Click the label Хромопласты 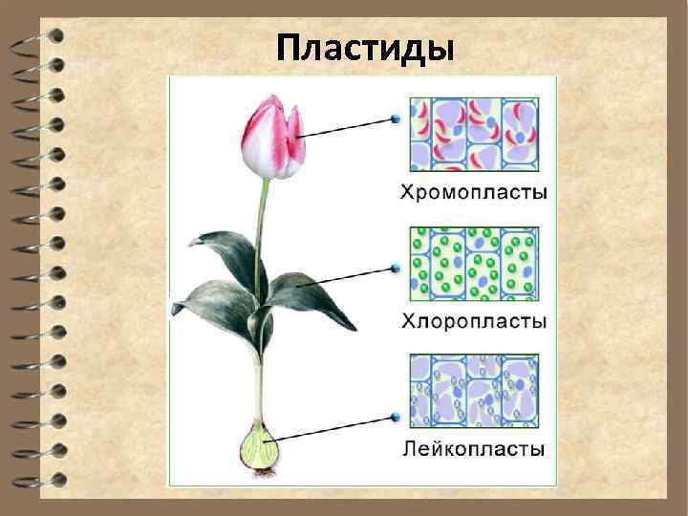[x=472, y=193]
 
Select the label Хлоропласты [x=472, y=320]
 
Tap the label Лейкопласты [x=472, y=447]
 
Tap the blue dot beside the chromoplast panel [x=394, y=120]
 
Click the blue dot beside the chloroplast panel [x=394, y=269]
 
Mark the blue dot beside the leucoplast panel [x=394, y=417]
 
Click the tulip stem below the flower [x=262, y=220]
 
